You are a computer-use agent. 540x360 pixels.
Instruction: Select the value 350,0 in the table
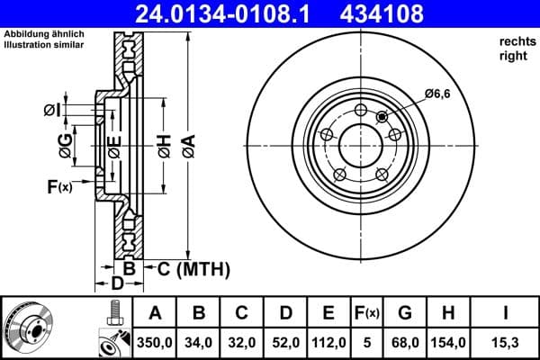pos(155,342)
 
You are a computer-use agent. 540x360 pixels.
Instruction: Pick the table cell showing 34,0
pos(200,342)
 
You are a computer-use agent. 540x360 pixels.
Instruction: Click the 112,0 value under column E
pos(328,342)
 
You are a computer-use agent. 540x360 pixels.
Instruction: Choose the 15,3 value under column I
pos(506,342)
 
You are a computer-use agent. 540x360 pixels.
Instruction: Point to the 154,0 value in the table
pos(448,342)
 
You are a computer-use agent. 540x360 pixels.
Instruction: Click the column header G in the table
pos(405,313)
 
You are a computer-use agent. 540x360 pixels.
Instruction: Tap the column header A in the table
pos(155,313)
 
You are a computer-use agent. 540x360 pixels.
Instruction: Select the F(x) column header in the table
pos(368,313)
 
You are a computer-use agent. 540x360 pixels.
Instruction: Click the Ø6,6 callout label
pos(437,93)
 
